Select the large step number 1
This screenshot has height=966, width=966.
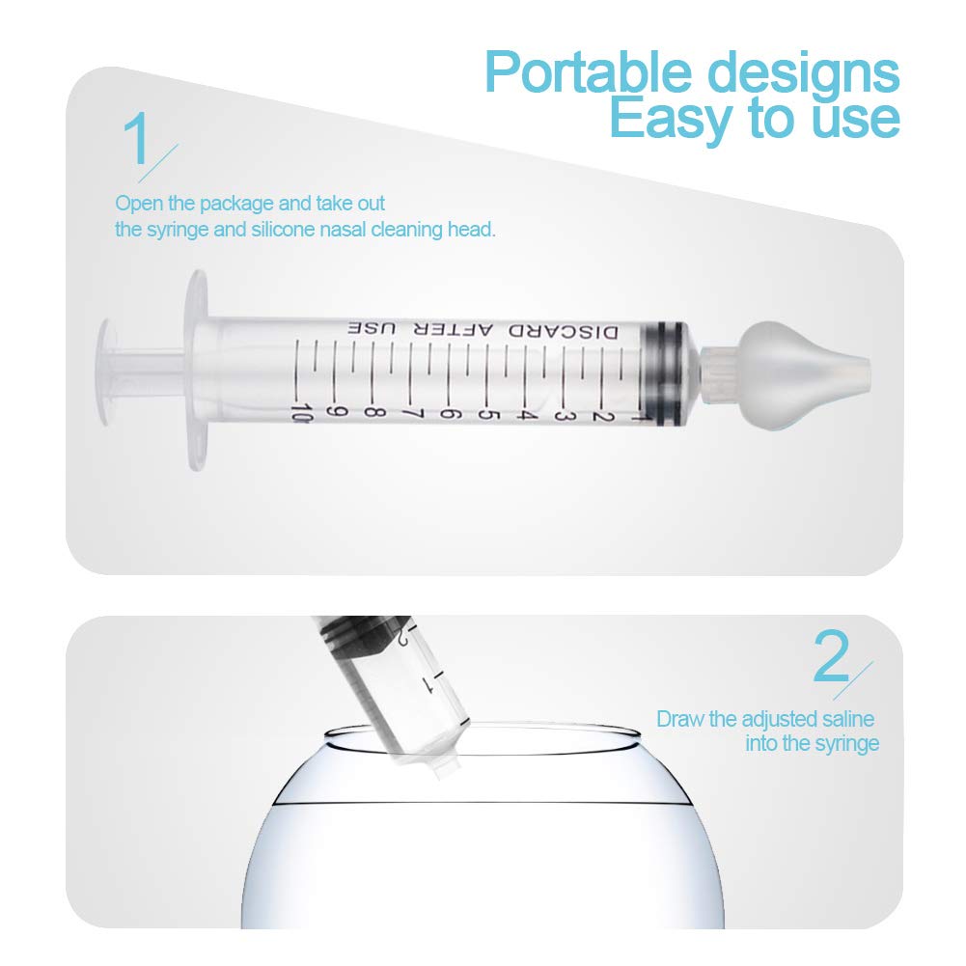pyautogui.click(x=138, y=139)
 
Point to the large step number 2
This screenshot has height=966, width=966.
pyautogui.click(x=833, y=657)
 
